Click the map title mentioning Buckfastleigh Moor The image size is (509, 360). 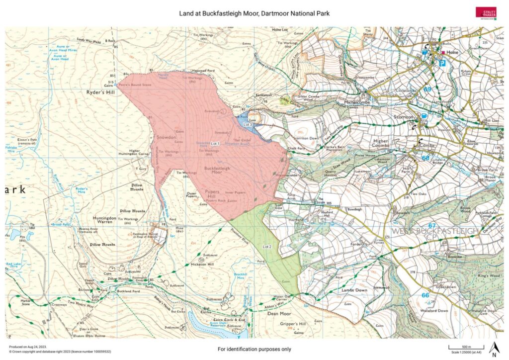tap(254, 12)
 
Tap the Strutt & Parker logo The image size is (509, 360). tap(486, 13)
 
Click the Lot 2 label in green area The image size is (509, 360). tap(266, 247)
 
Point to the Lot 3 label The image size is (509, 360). tap(248, 125)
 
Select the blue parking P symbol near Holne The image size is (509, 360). tap(442, 63)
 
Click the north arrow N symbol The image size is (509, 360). tap(493, 349)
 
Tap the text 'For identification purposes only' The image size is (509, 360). tap(254, 349)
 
